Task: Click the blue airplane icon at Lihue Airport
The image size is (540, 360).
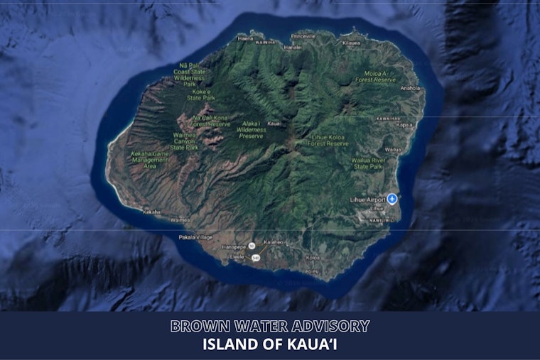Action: tap(391, 198)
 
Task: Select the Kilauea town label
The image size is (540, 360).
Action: tap(351, 43)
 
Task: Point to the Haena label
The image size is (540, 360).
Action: tap(246, 38)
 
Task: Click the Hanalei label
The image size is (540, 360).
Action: tap(293, 47)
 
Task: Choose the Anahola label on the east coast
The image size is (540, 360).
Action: tap(410, 89)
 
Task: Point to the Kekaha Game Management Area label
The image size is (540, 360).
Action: tap(150, 160)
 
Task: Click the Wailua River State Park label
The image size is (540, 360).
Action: tap(367, 163)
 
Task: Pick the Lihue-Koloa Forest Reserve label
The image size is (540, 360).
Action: tap(328, 139)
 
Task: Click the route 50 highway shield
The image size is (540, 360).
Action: tap(252, 246)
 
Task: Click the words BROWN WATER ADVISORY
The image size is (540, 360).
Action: tap(270, 327)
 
